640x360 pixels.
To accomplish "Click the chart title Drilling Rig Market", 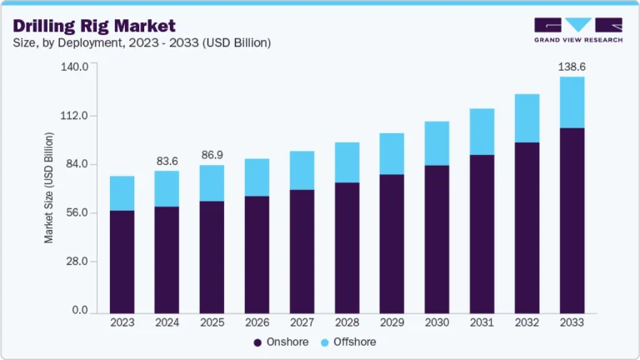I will pyautogui.click(x=94, y=25).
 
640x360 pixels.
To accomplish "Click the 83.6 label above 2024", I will pyautogui.click(x=167, y=160).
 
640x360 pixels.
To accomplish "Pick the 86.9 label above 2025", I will pyautogui.click(x=212, y=155).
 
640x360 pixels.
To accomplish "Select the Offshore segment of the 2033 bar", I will pyautogui.click(x=572, y=102).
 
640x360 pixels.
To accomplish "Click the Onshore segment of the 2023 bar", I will pyautogui.click(x=122, y=261).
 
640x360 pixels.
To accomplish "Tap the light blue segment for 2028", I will pyautogui.click(x=347, y=162).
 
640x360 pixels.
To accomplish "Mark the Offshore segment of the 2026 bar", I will pyautogui.click(x=257, y=177).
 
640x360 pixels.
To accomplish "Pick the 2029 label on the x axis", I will pyautogui.click(x=392, y=322).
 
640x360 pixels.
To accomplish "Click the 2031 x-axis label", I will pyautogui.click(x=482, y=322).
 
